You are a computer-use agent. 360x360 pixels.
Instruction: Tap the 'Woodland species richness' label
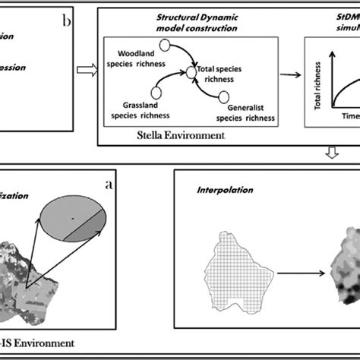[x=139, y=58]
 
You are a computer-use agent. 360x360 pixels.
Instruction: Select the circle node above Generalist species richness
[x=223, y=96]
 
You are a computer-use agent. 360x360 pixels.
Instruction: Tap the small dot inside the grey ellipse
[x=73, y=219]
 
